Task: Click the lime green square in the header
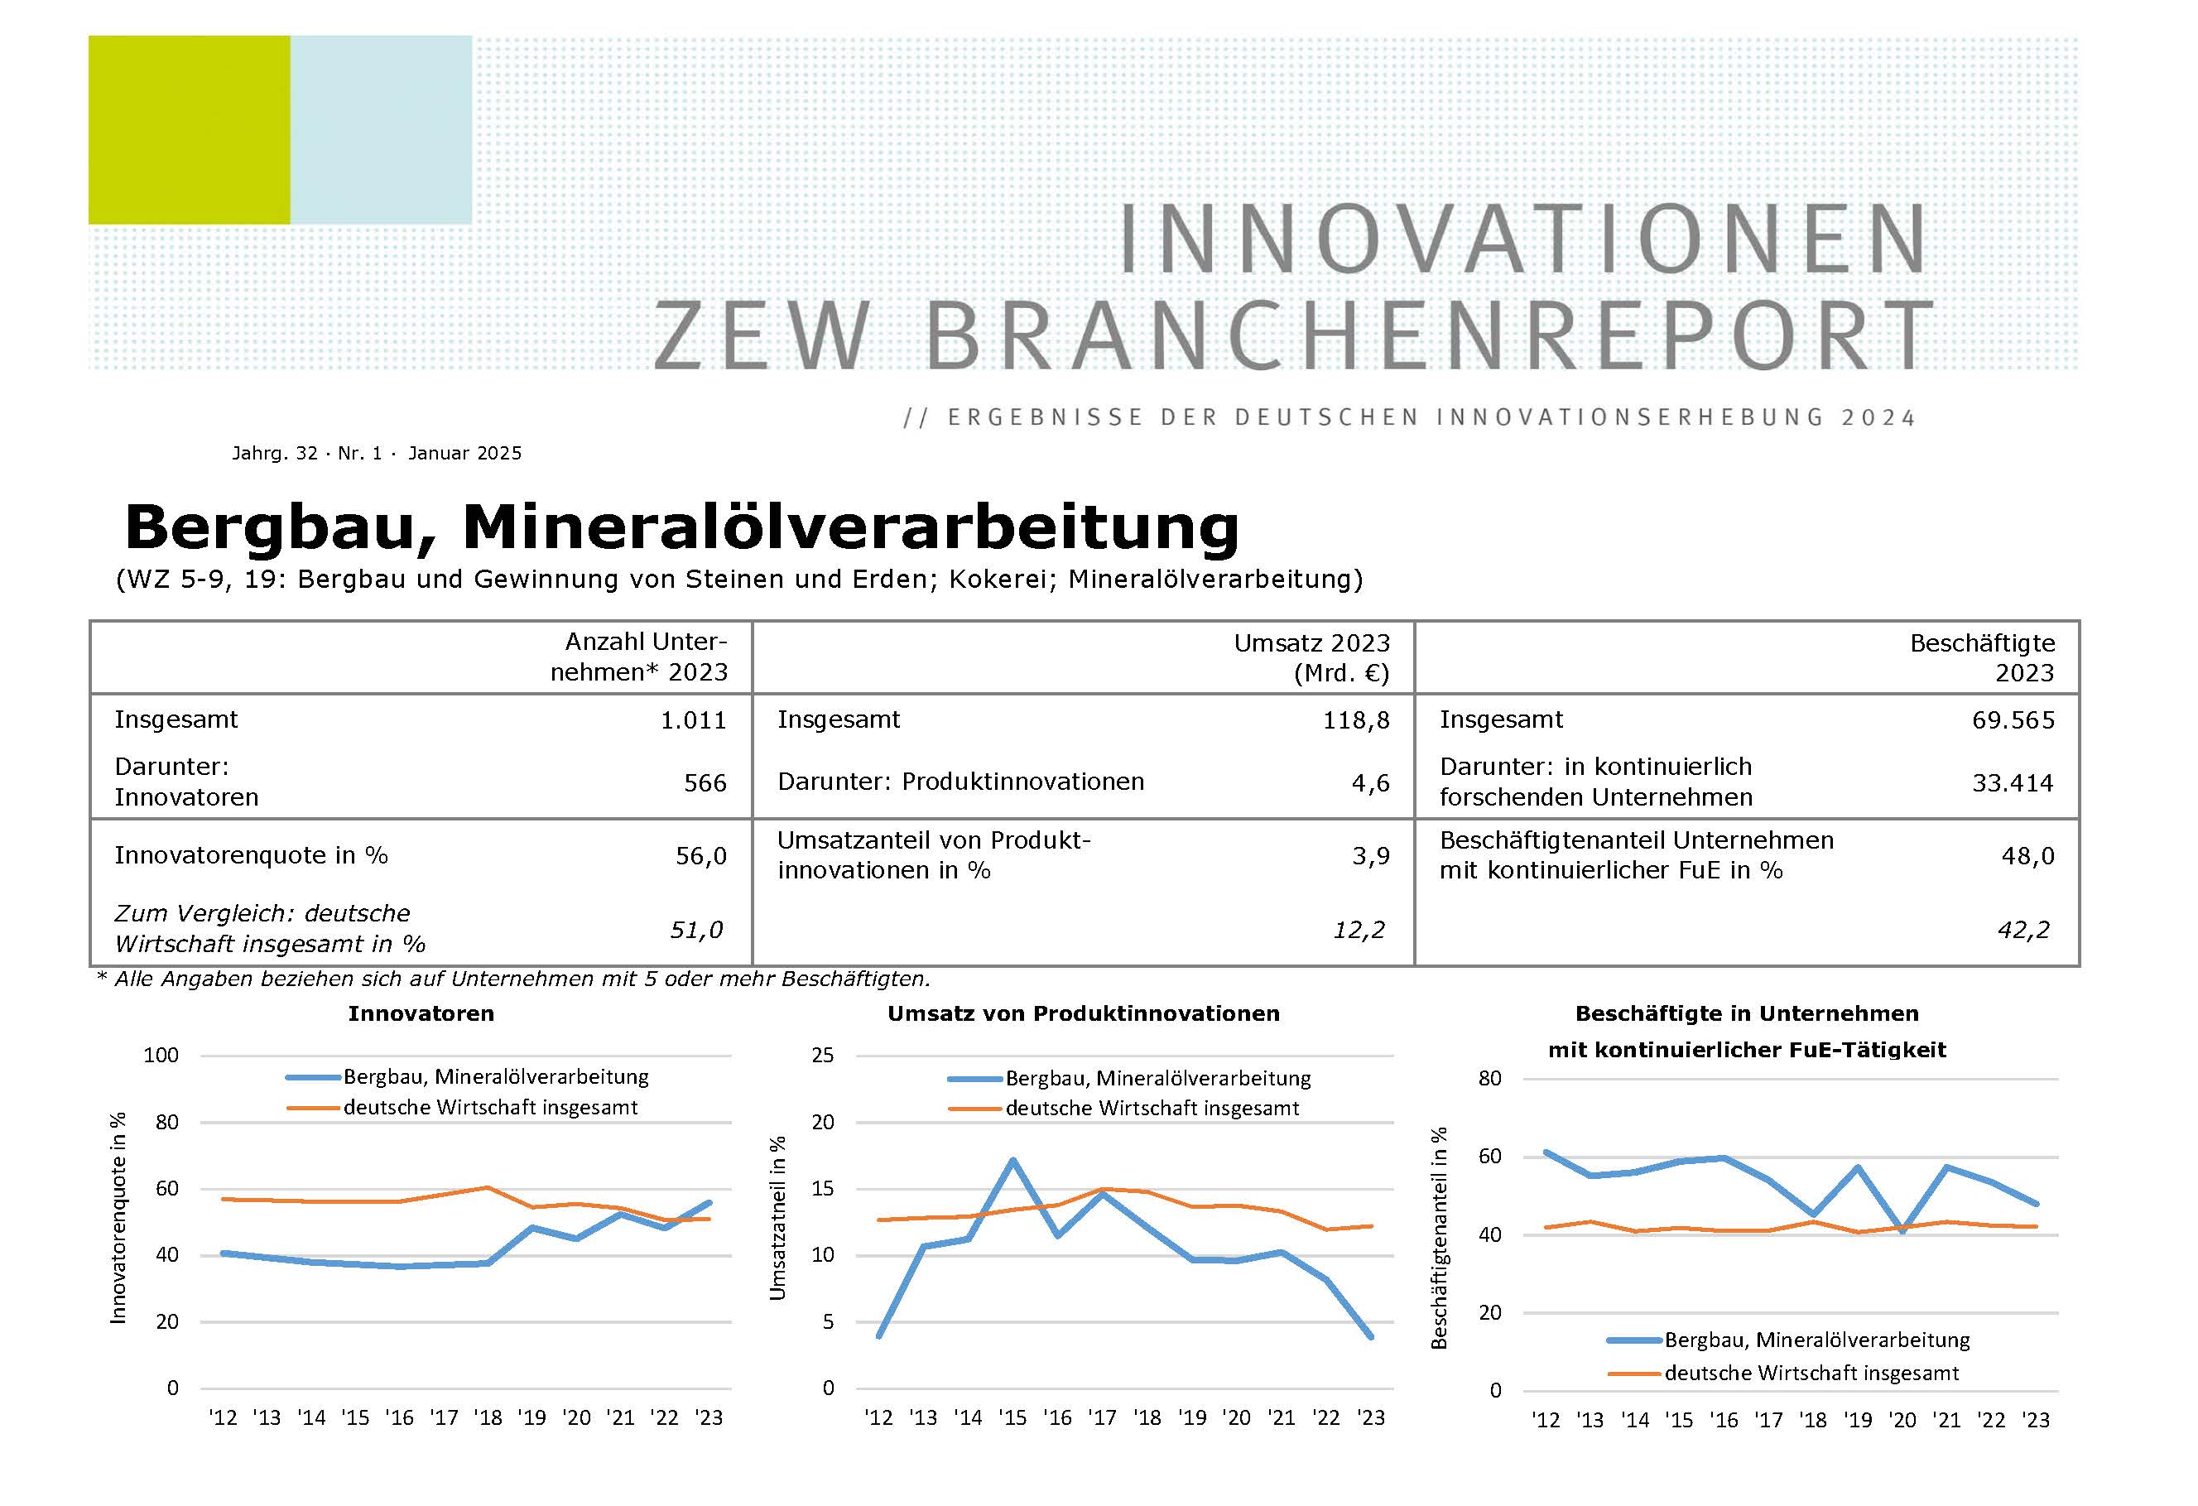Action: [x=189, y=130]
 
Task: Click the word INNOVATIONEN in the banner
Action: [x=1522, y=240]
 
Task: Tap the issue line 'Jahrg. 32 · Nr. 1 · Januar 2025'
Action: [x=377, y=453]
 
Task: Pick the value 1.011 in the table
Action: [x=693, y=720]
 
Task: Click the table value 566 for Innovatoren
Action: [x=705, y=782]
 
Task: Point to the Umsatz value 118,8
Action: [x=1355, y=720]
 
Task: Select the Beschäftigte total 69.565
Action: [x=2013, y=720]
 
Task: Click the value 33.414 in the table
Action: [x=2013, y=782]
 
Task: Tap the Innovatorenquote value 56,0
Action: [x=701, y=856]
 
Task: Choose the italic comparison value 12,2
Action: [x=1359, y=930]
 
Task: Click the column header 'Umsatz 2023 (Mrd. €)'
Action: [x=1312, y=657]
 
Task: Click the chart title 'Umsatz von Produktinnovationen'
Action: [x=1083, y=1014]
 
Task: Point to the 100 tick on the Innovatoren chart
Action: [x=161, y=1055]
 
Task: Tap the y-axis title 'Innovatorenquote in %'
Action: [x=118, y=1218]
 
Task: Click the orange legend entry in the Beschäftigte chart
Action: [x=1811, y=1373]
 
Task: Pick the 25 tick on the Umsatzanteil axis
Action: [x=823, y=1055]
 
